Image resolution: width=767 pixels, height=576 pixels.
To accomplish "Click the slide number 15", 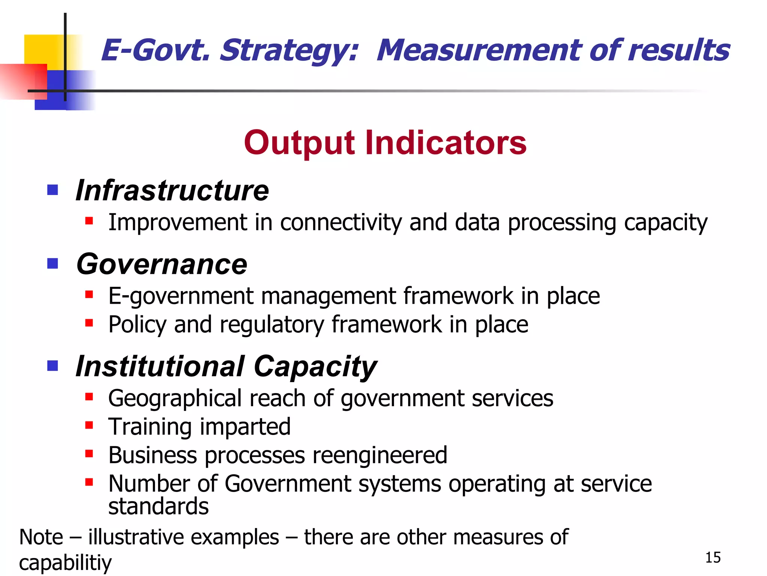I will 713,558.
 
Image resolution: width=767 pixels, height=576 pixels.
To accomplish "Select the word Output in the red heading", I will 299,143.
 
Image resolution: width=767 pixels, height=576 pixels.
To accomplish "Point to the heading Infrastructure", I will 172,190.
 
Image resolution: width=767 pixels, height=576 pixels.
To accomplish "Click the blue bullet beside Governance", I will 52,264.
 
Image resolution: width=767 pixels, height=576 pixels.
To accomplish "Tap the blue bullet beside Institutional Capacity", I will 52,365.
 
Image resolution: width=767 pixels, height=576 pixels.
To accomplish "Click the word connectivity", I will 341,222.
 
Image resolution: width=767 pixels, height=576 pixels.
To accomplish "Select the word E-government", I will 181,296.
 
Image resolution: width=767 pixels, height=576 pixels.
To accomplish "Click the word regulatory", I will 272,325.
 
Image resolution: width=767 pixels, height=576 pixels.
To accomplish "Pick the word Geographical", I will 175,399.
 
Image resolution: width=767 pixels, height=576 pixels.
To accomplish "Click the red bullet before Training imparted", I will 89,425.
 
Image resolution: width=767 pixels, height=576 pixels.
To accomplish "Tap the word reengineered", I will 380,455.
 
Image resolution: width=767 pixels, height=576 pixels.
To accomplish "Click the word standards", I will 158,507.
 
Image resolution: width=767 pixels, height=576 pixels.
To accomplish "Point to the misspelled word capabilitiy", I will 65,563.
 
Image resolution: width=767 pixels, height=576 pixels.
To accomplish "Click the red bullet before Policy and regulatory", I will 89,323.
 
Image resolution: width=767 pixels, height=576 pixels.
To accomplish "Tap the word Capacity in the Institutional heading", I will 315,366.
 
